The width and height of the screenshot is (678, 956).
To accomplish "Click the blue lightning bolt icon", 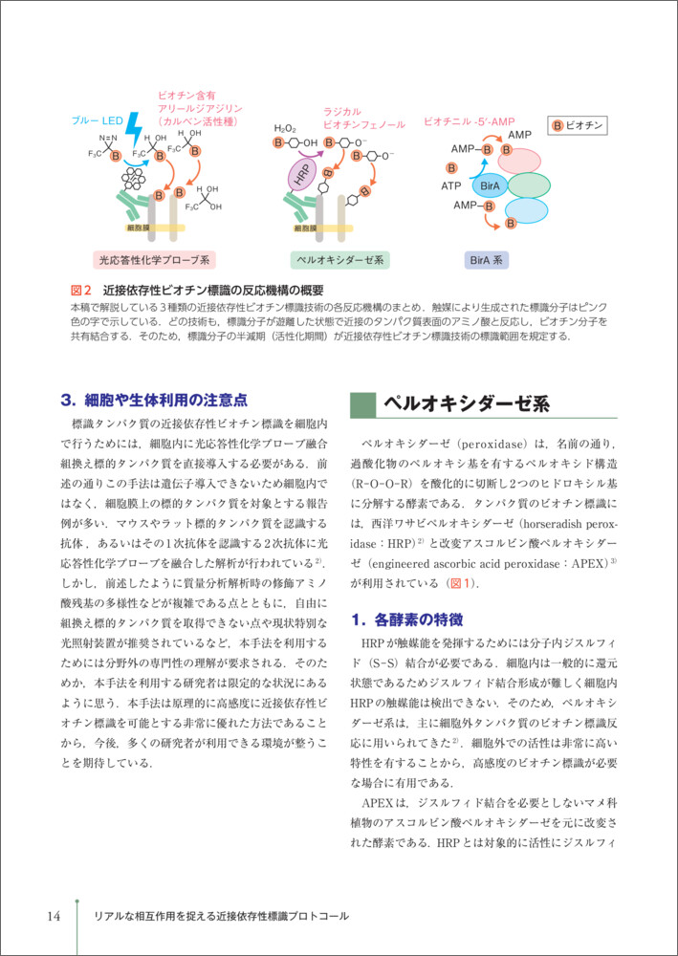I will tap(133, 125).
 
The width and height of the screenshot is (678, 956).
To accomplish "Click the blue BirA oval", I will tap(490, 185).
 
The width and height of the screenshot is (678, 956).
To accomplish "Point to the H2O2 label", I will tap(285, 128).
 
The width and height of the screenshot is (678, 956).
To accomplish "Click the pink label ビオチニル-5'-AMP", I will tap(469, 122).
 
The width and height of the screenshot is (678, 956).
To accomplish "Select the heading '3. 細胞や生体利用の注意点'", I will tap(153, 399).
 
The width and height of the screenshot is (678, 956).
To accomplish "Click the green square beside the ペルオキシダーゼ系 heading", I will tap(362, 402).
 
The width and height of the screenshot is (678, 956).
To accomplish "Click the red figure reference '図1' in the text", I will tap(459, 583).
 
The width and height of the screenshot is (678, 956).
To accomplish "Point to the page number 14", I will tap(54, 916).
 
